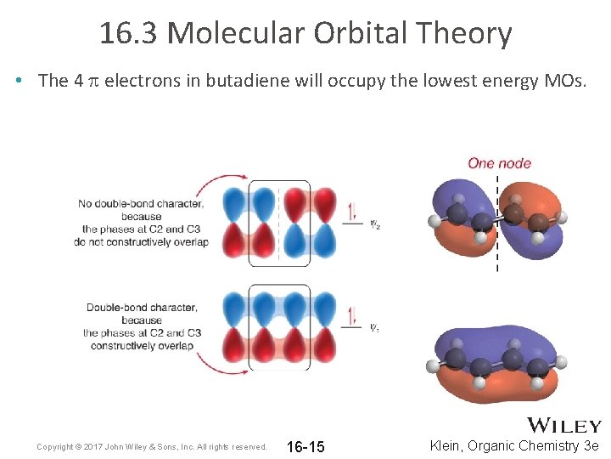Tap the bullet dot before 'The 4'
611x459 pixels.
pyautogui.click(x=19, y=81)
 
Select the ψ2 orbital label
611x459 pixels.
pyautogui.click(x=374, y=224)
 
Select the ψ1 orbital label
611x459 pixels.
pyautogui.click(x=374, y=328)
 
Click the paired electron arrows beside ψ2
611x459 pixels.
pyautogui.click(x=351, y=210)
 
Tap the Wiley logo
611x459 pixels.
pyautogui.click(x=564, y=425)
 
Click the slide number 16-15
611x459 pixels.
pyautogui.click(x=305, y=447)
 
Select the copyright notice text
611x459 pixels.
pyautogui.click(x=152, y=447)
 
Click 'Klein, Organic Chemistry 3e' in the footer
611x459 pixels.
pyautogui.click(x=514, y=446)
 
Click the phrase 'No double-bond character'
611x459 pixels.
pyautogui.click(x=141, y=203)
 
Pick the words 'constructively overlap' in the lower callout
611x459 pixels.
pyautogui.click(x=143, y=346)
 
